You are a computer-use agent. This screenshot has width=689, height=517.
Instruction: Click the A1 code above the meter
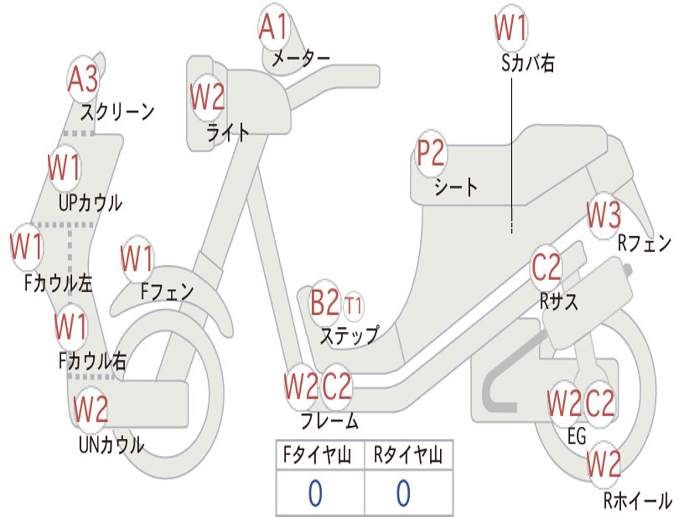point(273,26)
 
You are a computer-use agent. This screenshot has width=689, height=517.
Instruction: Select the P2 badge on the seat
point(431,153)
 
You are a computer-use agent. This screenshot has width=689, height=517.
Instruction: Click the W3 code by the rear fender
point(604,215)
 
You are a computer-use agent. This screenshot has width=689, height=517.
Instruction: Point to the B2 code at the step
point(325,302)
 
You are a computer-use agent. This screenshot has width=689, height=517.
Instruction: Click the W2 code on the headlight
point(207,97)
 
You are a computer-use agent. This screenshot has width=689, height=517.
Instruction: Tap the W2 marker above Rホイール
point(604,464)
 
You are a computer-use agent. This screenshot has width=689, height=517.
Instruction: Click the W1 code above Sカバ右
point(511,27)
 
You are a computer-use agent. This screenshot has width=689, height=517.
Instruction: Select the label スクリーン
point(117,112)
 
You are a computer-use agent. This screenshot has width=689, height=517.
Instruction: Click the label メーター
point(301,58)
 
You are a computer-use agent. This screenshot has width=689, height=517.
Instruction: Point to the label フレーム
point(330,421)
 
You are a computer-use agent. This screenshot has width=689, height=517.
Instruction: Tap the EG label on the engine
point(577,436)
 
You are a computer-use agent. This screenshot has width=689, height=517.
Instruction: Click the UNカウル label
point(112,445)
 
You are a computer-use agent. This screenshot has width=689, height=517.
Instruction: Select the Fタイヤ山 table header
point(317,455)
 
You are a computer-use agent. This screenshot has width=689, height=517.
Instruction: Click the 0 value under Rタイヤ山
point(404,493)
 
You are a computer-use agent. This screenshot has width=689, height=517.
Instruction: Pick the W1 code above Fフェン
point(137,258)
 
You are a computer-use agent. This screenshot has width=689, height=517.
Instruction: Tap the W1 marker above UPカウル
point(64,168)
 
